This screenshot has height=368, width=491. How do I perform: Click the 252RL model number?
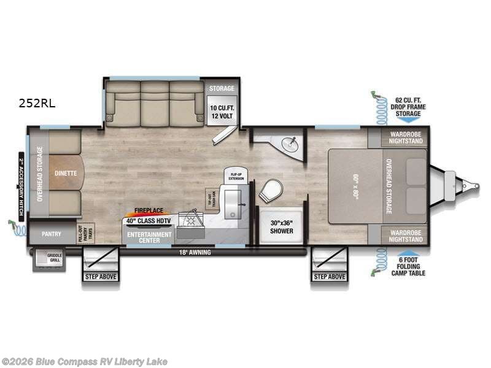(37, 104)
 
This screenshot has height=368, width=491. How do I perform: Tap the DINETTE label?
(65, 173)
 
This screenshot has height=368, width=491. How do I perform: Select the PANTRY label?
(52, 234)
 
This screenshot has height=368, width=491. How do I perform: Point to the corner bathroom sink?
(289, 144)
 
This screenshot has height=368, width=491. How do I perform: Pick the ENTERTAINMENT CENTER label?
(144, 237)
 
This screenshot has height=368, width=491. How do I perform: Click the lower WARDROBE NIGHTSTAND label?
(405, 236)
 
